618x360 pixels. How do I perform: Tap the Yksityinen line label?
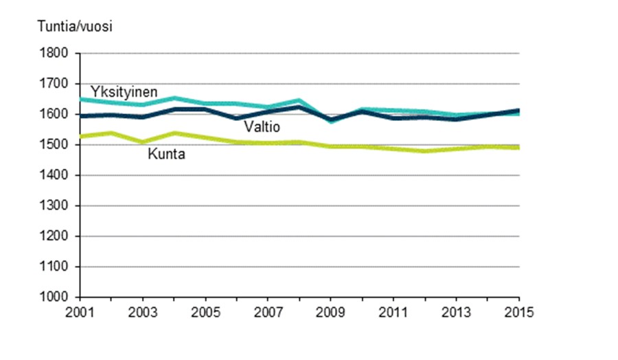(124, 92)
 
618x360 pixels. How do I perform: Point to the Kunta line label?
(166, 155)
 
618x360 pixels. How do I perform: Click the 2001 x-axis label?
(80, 311)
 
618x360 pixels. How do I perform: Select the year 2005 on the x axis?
(205, 311)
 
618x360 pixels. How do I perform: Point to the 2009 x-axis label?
(331, 311)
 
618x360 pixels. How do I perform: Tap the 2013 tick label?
(456, 311)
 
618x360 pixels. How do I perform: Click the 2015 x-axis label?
(518, 311)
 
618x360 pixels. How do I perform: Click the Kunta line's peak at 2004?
(174, 133)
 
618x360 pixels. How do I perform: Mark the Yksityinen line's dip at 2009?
(331, 121)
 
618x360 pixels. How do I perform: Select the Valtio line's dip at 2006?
(237, 118)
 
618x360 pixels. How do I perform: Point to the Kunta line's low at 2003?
(143, 142)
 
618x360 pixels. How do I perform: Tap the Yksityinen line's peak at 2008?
(299, 100)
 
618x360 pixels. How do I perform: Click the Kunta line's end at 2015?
(518, 147)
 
